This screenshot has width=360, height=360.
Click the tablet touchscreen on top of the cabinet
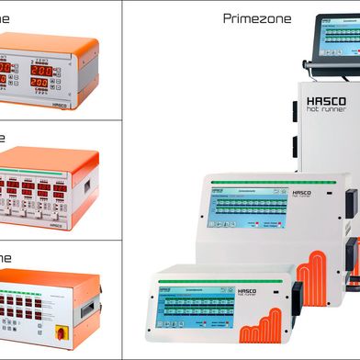(335, 42)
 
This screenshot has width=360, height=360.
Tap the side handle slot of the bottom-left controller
(88, 310)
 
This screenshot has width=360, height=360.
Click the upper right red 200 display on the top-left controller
(41, 70)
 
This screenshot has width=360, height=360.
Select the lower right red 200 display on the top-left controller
(40, 83)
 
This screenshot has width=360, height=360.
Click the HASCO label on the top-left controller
(61, 104)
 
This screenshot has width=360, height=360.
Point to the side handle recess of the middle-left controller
(87, 186)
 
